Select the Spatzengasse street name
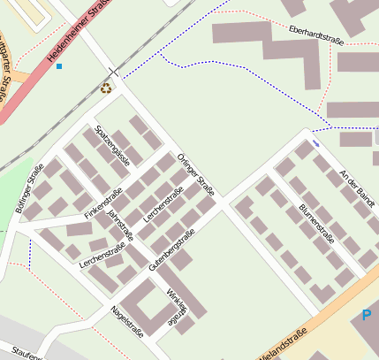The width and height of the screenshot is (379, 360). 112,145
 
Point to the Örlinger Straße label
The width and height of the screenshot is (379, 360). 195,174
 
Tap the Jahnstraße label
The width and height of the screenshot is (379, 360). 119,225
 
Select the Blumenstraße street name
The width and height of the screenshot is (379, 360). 316,225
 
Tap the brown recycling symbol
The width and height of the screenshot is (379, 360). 107,88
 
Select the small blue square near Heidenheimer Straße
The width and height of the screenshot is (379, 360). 59,66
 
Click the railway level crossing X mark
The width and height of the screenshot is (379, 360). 112,70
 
